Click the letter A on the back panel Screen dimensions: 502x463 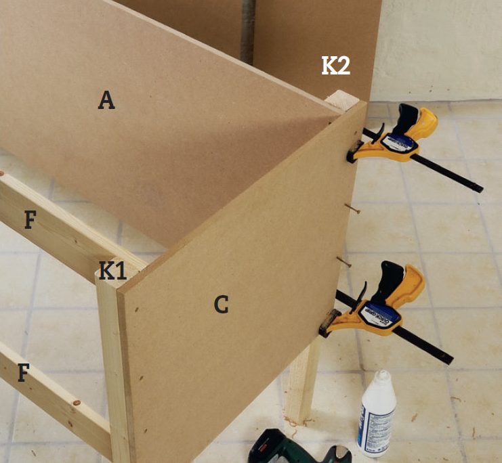pos(106,100)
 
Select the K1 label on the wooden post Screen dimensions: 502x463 pos(112,270)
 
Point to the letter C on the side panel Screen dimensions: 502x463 pos(222,304)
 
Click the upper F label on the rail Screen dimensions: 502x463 pos(30,219)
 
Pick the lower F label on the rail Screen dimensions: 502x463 pos(23,372)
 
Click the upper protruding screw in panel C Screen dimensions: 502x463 pos(353,208)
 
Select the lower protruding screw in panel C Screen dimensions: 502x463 pos(344,263)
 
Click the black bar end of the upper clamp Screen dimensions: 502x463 pos(478,188)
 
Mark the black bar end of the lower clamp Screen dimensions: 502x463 pos(448,359)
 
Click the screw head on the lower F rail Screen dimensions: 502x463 pos(76,403)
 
